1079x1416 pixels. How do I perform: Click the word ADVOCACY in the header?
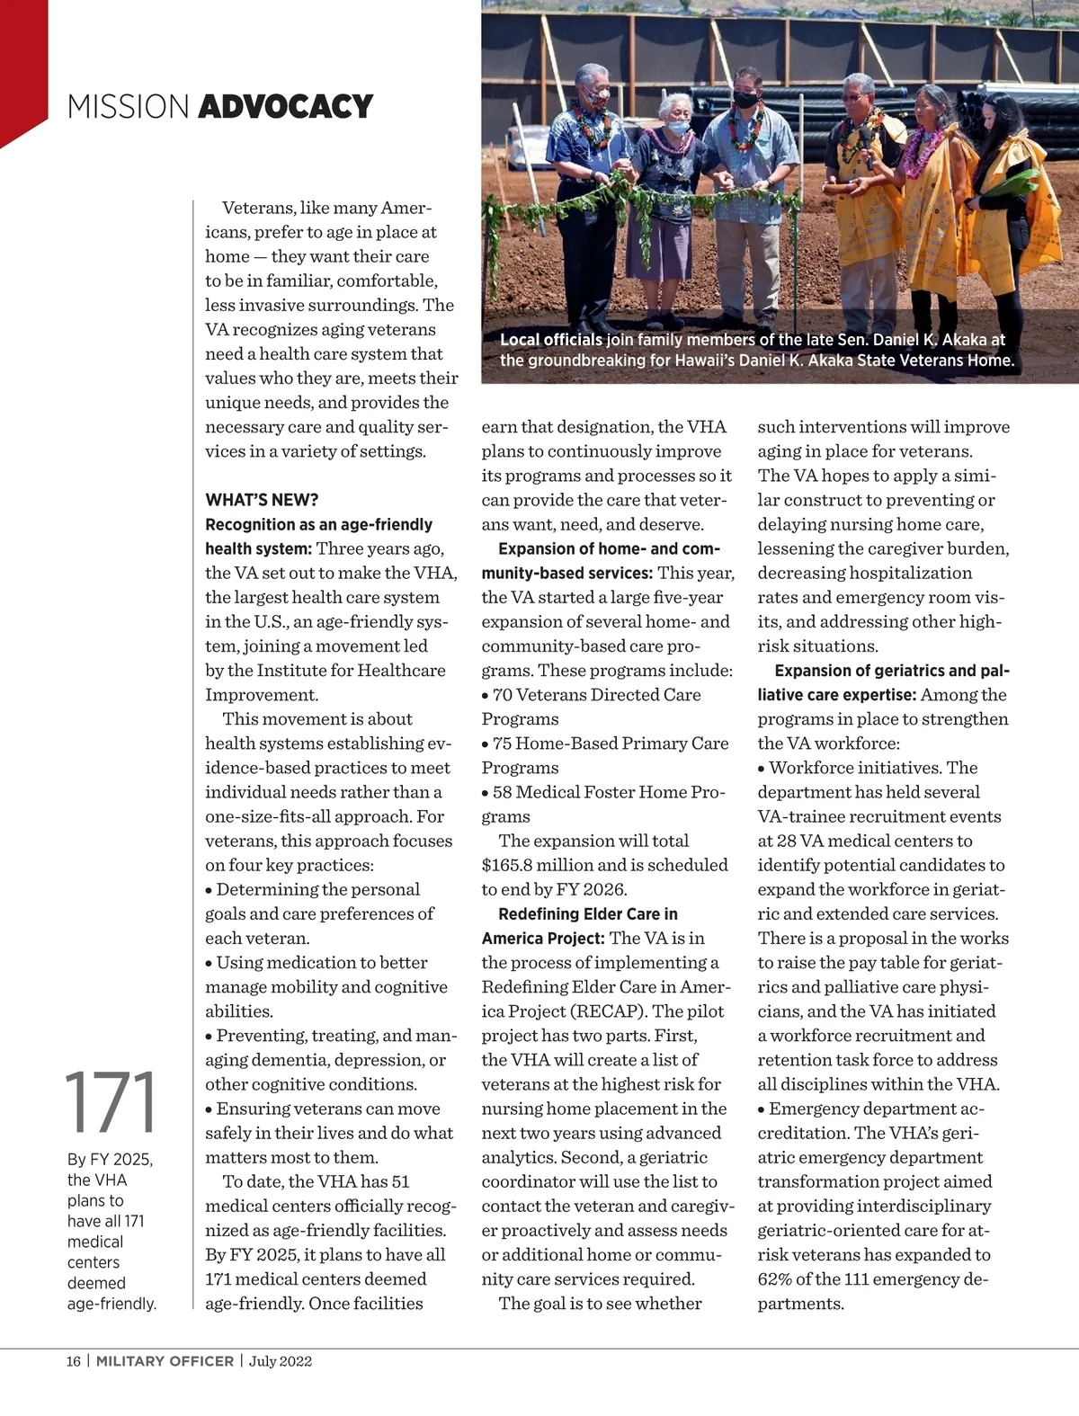(285, 107)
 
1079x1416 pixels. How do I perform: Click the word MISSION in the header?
(128, 107)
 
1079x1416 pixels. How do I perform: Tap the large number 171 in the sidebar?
(111, 1103)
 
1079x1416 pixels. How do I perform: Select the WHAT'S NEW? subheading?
(262, 500)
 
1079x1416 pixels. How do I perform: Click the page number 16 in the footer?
(73, 1361)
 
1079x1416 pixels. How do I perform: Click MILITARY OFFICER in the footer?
(165, 1361)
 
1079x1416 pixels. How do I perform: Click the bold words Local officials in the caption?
(551, 340)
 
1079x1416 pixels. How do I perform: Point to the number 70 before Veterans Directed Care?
(502, 695)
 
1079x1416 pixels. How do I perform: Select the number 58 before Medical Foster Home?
(502, 792)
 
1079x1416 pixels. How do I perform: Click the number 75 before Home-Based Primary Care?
(502, 744)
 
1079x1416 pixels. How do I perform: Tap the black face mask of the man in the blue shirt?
(746, 100)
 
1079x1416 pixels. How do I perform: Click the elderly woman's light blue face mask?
(678, 127)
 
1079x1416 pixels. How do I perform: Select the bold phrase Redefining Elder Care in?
(588, 914)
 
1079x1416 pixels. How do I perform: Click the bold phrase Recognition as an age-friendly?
(318, 524)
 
